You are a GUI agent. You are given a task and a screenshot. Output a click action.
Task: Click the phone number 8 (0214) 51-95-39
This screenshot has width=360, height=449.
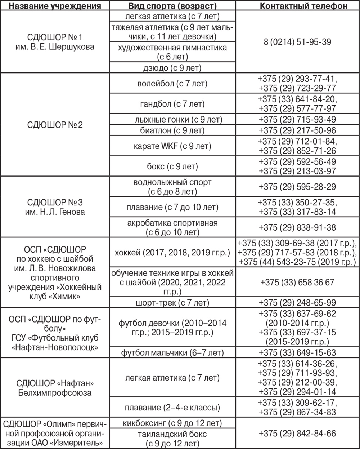(x=297, y=42)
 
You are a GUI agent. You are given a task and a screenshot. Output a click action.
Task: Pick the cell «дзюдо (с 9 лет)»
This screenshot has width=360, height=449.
(x=172, y=67)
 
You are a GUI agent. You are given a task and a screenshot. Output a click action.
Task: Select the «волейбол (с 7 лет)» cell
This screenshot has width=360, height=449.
(x=172, y=84)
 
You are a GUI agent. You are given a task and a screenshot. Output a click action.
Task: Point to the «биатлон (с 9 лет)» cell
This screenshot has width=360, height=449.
(x=172, y=130)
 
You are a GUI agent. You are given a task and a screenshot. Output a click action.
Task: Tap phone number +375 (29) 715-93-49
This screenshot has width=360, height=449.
(x=297, y=119)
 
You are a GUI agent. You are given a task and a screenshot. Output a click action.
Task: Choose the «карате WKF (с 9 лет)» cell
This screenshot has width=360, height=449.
(x=172, y=146)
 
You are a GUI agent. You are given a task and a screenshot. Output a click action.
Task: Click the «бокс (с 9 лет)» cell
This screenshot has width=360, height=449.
(x=172, y=166)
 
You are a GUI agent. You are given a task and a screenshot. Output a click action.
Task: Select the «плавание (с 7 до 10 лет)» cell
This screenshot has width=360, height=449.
(x=172, y=207)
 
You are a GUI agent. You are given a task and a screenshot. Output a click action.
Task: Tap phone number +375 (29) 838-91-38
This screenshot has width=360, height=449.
(x=297, y=227)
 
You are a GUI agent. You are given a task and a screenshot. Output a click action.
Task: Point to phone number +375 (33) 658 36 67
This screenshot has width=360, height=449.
(x=297, y=282)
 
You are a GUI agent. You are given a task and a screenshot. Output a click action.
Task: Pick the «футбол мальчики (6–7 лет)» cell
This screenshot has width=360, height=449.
(x=172, y=352)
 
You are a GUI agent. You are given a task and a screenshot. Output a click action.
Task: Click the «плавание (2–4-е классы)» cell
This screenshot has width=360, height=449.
(x=172, y=408)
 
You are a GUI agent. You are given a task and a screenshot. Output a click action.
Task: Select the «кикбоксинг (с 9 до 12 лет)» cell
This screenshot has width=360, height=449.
(x=172, y=422)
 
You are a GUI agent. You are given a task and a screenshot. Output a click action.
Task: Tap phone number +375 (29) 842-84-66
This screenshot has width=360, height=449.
(x=297, y=433)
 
